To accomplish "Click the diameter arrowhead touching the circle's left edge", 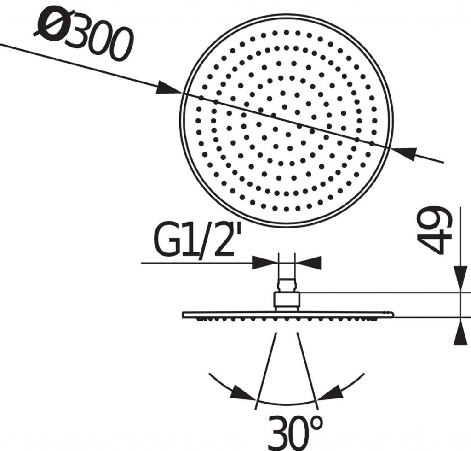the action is click(169, 88).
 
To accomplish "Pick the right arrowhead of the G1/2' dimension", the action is click(309, 263).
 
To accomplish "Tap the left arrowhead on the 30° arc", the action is click(244, 392).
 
